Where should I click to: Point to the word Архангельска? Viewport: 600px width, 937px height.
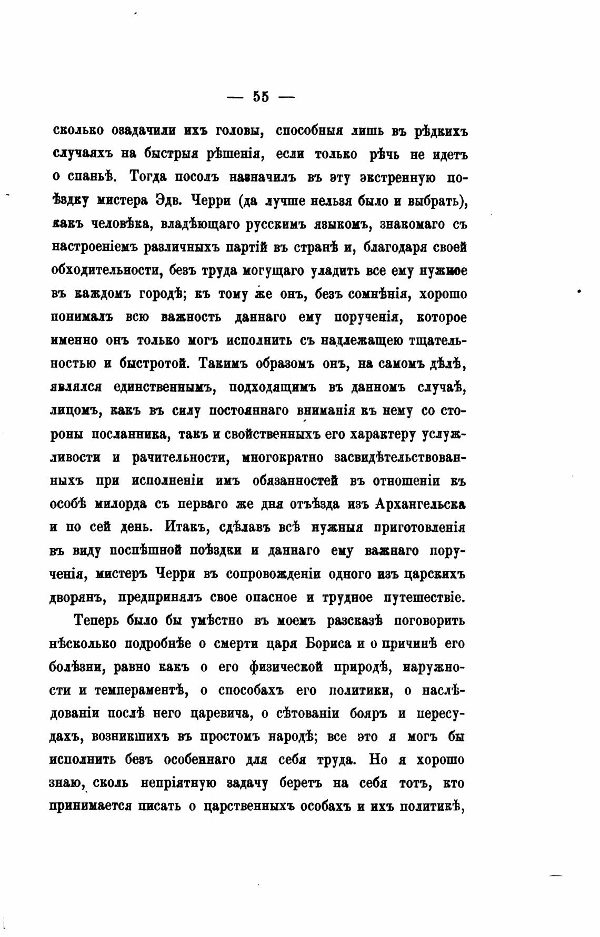pyautogui.click(x=421, y=503)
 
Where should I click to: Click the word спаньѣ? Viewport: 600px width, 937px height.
pyautogui.click(x=94, y=177)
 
